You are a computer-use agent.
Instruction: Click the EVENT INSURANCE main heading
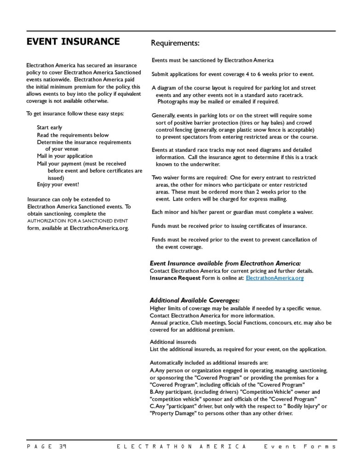tap(73, 42)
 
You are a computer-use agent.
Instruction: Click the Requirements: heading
tap(175, 44)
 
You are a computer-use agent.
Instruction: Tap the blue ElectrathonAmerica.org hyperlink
tap(275, 278)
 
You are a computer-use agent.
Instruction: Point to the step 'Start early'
tap(50, 127)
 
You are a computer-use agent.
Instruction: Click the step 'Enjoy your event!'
tap(58, 184)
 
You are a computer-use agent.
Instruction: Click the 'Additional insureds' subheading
tap(173, 342)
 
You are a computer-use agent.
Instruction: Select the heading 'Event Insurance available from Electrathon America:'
tap(225, 264)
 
